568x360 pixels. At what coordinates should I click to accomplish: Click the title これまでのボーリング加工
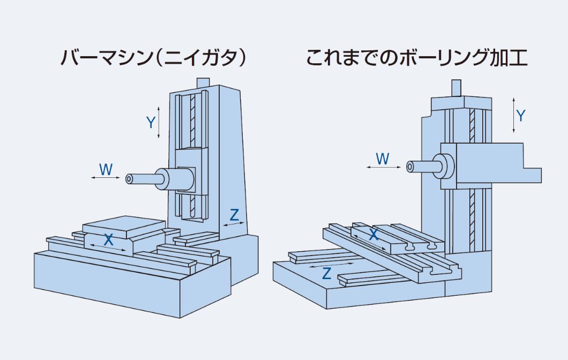(416, 57)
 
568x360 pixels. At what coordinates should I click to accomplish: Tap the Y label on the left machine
(151, 123)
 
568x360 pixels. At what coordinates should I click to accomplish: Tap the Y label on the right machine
(520, 115)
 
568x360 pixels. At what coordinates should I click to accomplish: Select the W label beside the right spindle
(382, 158)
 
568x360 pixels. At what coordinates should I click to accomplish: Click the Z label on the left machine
(234, 215)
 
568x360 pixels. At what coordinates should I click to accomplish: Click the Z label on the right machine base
(326, 273)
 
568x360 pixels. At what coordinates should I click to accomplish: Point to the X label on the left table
(109, 239)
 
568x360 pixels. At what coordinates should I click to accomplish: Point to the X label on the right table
(374, 234)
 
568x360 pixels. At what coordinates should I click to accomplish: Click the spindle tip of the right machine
(410, 167)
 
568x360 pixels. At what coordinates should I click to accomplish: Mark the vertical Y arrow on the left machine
(159, 123)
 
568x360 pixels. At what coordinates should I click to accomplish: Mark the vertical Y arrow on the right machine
(513, 115)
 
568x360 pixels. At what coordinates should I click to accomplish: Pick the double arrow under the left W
(106, 178)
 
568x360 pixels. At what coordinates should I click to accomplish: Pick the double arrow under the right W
(384, 168)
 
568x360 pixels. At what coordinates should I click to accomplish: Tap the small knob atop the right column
(455, 87)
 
